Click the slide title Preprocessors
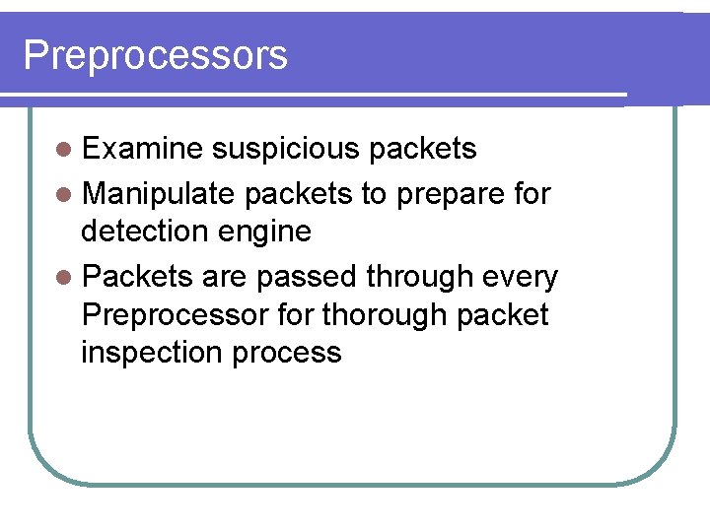(155, 55)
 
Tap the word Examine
(142, 149)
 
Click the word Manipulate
(158, 194)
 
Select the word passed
(306, 278)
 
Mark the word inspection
(152, 353)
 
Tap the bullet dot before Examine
(64, 150)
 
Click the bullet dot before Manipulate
(64, 195)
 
